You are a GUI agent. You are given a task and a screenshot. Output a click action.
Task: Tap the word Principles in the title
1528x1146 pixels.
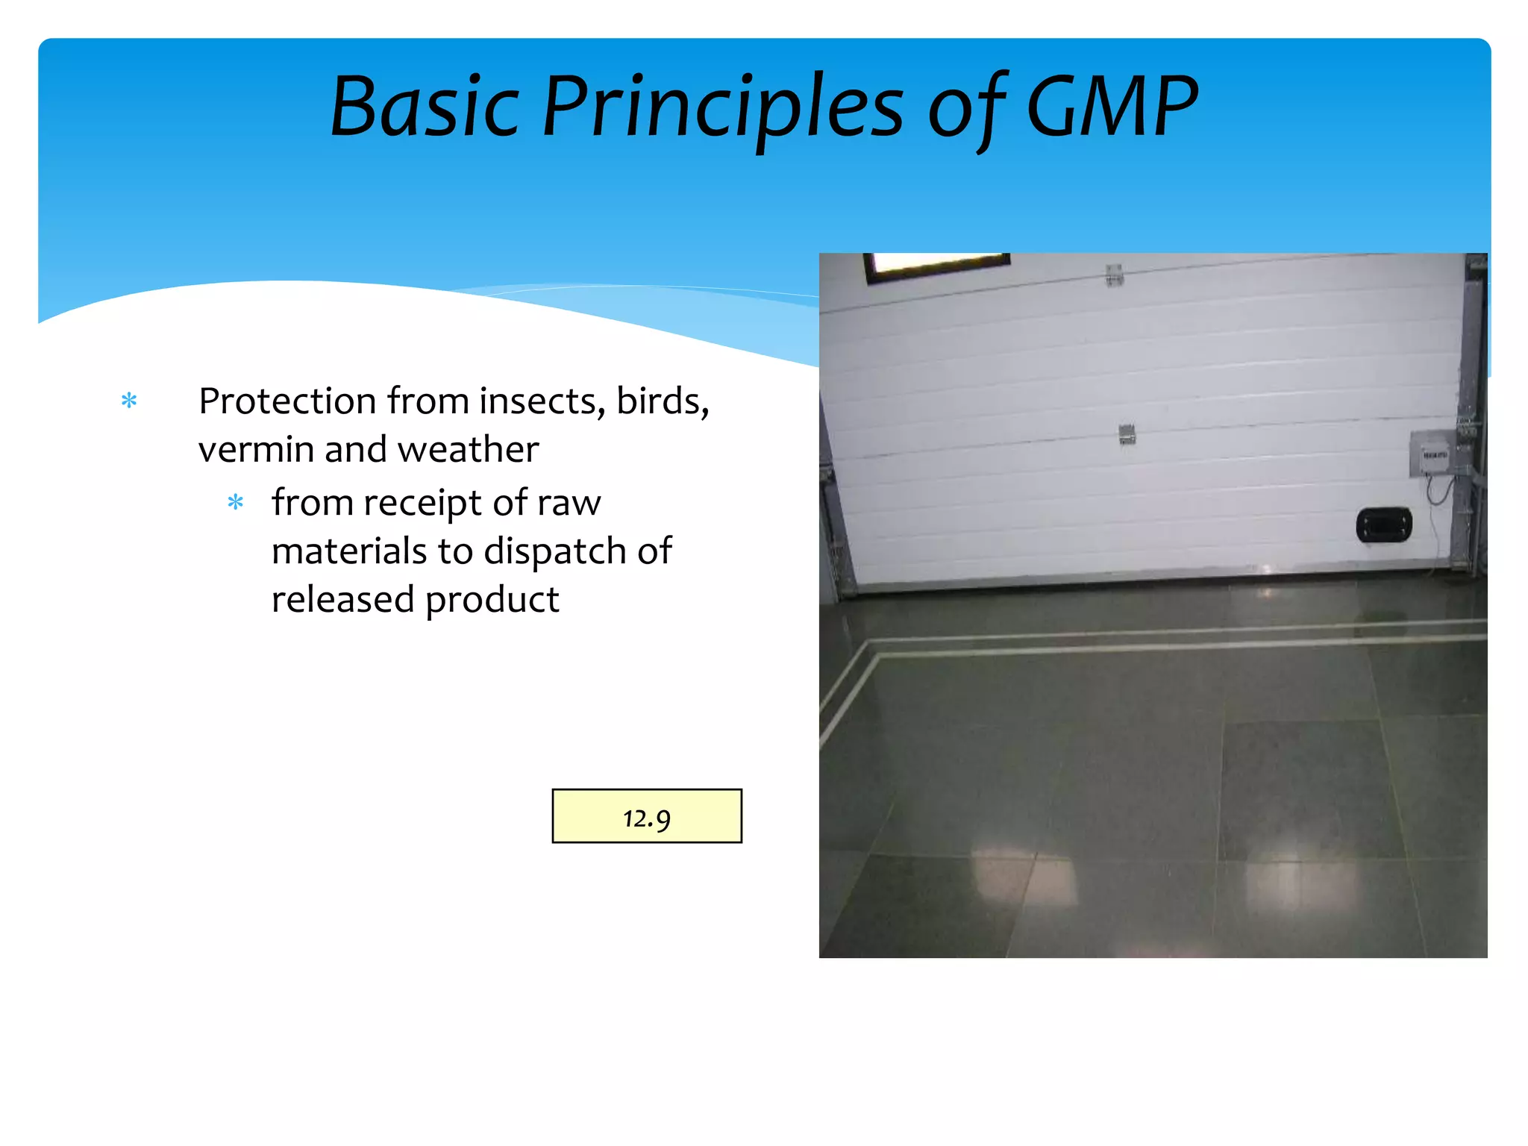722,109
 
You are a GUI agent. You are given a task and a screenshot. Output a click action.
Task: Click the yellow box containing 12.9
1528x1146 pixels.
647,816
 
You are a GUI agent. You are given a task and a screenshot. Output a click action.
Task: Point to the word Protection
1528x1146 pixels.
286,401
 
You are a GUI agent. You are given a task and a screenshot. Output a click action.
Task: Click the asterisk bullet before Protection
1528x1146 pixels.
129,401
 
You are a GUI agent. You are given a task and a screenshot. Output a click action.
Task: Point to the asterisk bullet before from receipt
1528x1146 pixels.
236,503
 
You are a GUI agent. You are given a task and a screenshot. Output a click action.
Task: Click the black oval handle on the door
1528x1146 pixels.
1383,525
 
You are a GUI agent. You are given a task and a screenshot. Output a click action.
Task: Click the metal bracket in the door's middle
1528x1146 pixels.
1127,433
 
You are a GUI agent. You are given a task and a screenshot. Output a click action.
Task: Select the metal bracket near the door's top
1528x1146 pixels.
1114,275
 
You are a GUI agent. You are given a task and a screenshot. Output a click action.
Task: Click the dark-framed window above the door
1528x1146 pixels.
937,264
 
